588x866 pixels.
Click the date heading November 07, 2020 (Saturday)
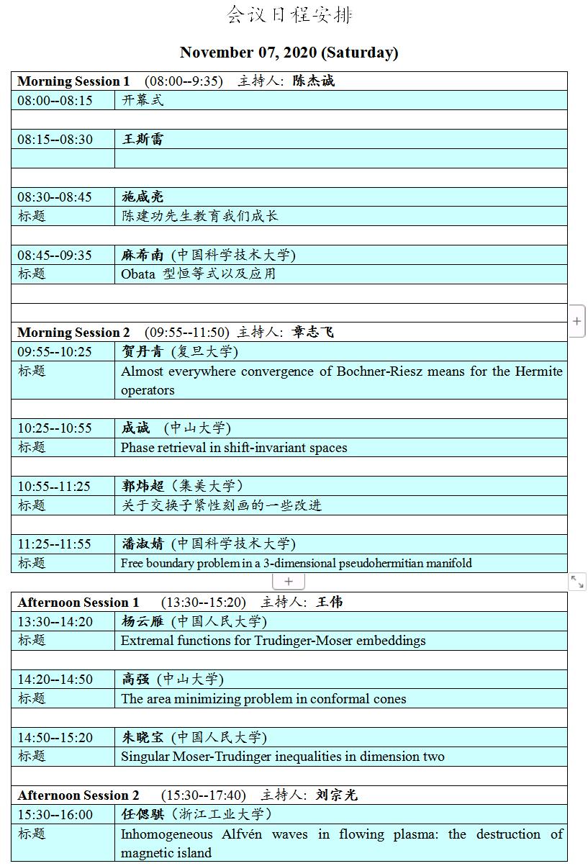pos(289,53)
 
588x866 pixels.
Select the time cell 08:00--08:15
pos(55,100)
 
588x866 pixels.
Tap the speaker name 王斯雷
pos(143,139)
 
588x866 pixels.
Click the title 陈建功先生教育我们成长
pos(199,216)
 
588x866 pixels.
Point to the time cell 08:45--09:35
pos(55,255)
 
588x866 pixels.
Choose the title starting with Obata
pos(198,274)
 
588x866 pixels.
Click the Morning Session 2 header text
pos(73,332)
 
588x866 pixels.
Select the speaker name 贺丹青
pos(143,351)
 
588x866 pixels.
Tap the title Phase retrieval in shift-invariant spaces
pos(234,447)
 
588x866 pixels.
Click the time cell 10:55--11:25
pos(55,486)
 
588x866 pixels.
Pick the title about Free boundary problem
pos(297,563)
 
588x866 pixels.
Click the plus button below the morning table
pos(289,581)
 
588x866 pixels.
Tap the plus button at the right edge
pos(577,322)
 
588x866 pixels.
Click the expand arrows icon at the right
pos(577,582)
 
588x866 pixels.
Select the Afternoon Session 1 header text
pos(78,602)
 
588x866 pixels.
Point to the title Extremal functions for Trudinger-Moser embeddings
pos(273,640)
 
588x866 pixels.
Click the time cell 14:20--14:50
pos(55,679)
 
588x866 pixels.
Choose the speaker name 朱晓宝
pos(143,737)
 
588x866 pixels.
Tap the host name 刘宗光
pos(336,795)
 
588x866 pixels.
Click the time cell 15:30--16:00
pos(55,814)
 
